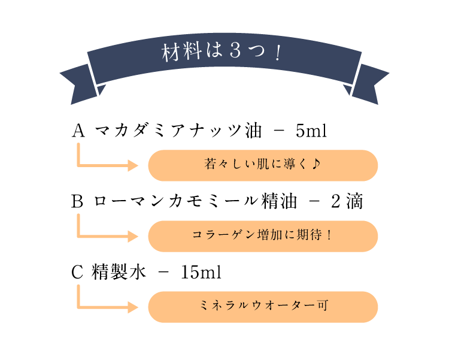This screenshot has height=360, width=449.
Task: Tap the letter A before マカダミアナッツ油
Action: click(x=78, y=131)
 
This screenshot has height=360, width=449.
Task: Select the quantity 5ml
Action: click(x=311, y=131)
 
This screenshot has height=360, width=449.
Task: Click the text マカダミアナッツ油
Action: click(x=178, y=131)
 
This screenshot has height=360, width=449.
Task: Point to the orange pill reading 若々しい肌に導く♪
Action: click(x=263, y=165)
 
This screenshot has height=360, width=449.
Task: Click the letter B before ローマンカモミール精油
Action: click(x=78, y=201)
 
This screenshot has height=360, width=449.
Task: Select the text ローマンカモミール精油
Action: click(x=195, y=201)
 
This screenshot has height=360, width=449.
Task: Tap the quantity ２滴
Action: click(x=347, y=201)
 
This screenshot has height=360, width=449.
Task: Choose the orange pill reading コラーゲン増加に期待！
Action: click(x=263, y=236)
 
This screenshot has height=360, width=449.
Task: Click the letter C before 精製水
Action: click(x=77, y=272)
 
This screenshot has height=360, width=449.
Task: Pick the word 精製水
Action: click(x=119, y=272)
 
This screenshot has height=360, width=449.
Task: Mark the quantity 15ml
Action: click(x=201, y=272)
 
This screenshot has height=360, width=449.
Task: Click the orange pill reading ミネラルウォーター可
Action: click(x=263, y=307)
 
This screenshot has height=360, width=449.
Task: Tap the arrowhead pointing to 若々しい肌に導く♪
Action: click(x=133, y=165)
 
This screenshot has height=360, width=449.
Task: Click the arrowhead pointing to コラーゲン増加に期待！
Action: click(x=133, y=237)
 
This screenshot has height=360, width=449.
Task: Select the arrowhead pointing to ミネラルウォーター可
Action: click(x=133, y=307)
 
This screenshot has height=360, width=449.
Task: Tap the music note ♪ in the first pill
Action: click(x=316, y=164)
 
